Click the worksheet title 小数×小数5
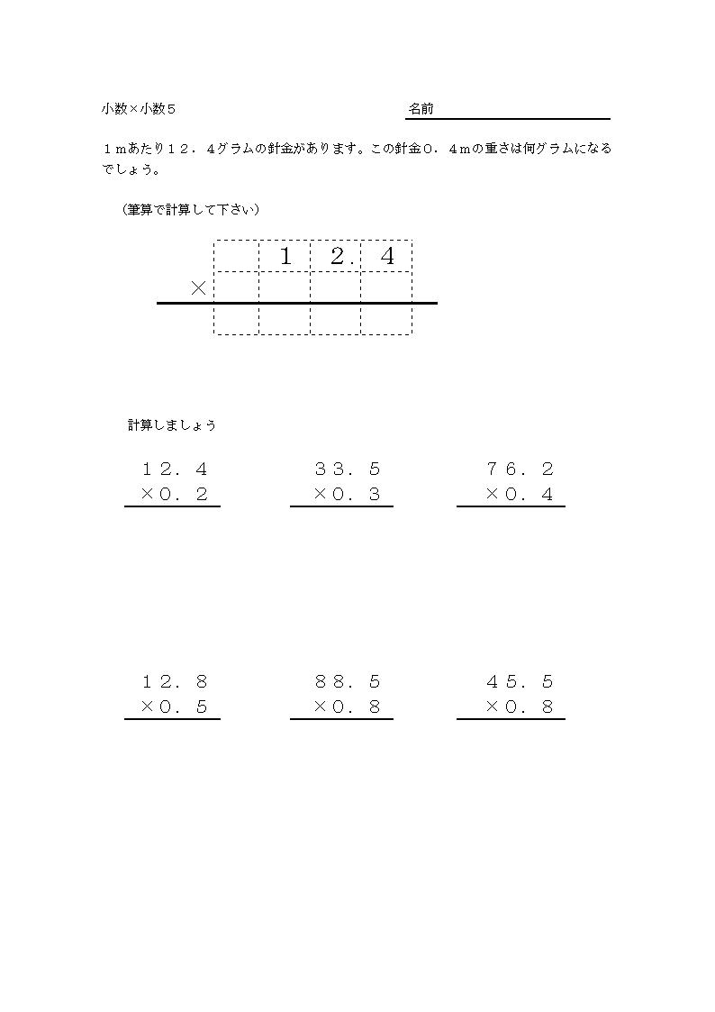[x=139, y=109]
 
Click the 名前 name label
[x=421, y=109]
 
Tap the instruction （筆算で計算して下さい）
[x=191, y=209]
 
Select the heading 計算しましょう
[x=172, y=425]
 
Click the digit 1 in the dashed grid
[x=285, y=257]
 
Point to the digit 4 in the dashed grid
[x=387, y=257]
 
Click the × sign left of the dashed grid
[x=199, y=288]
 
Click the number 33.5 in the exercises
[x=348, y=469]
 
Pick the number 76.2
[x=520, y=469]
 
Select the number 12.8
[x=175, y=681]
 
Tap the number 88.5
[x=348, y=681]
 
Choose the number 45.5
[x=520, y=681]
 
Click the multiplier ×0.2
[x=175, y=494]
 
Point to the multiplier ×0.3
[x=348, y=494]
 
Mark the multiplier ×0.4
[x=520, y=494]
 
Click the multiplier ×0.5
[x=175, y=707]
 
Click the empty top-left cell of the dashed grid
[x=236, y=256]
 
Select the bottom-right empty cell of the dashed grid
[x=386, y=320]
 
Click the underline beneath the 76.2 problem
[x=511, y=506]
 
